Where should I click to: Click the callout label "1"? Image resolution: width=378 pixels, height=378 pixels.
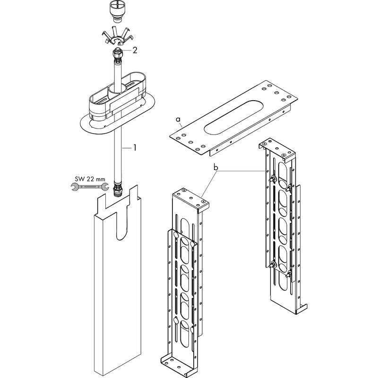(134, 148)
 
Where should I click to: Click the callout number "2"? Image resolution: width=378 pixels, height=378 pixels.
(135, 51)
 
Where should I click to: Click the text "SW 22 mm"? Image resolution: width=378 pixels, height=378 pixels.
(90, 179)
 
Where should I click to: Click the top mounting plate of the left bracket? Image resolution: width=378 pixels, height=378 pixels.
(192, 198)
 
